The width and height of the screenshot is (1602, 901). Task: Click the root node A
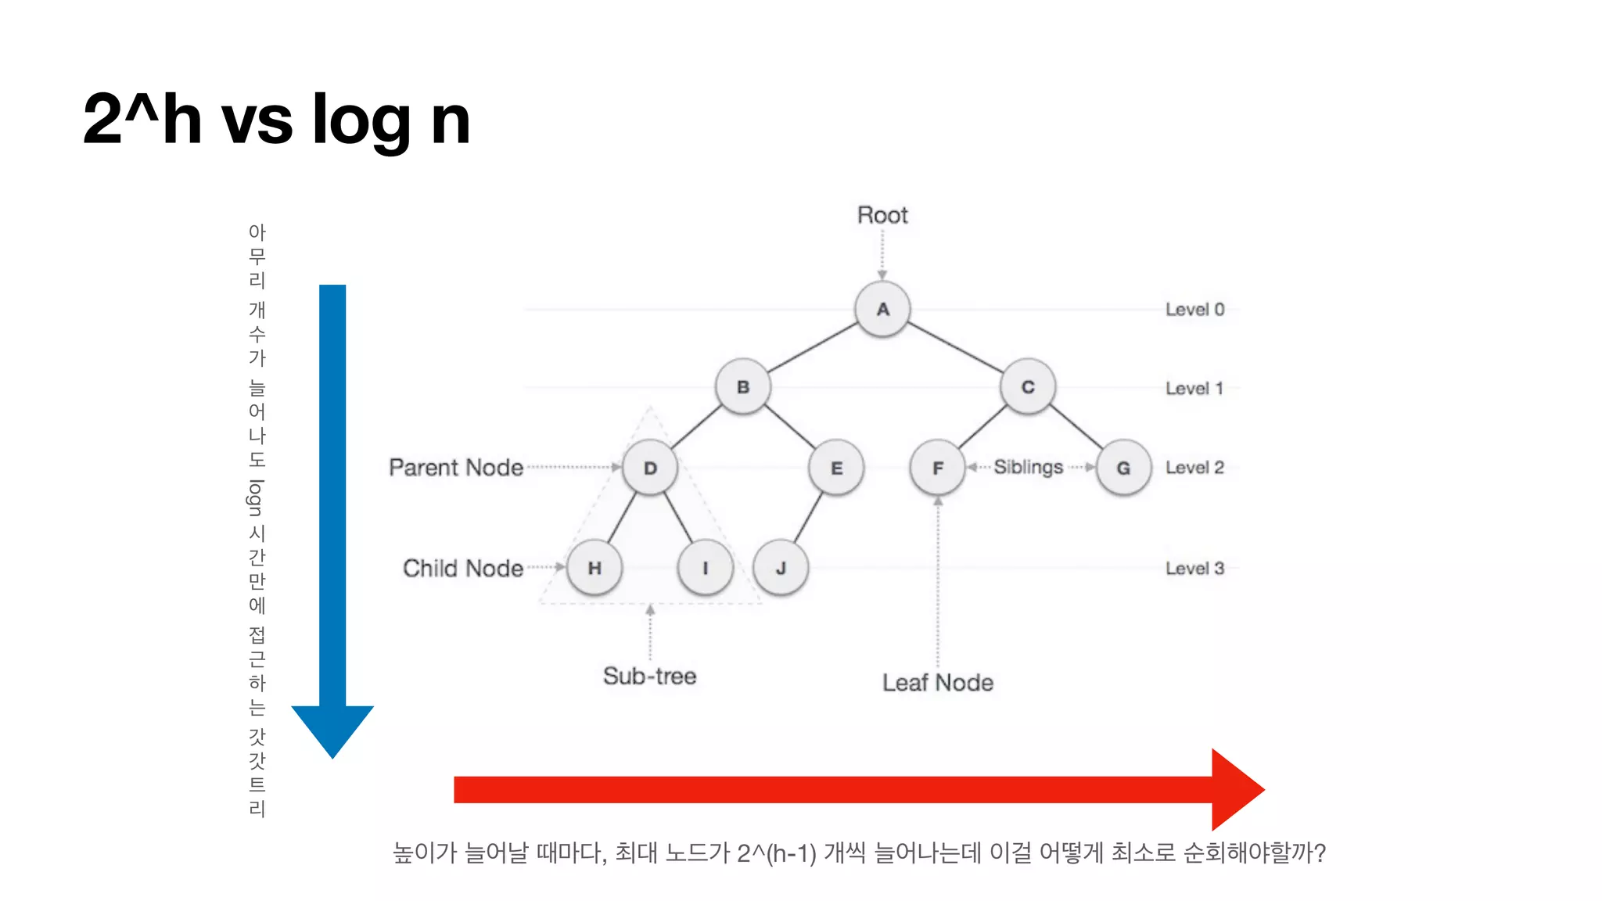(x=882, y=310)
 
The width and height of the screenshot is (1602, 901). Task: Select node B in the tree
(x=743, y=387)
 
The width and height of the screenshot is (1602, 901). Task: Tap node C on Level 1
(x=1028, y=387)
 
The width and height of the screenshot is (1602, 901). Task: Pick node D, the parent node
(x=650, y=468)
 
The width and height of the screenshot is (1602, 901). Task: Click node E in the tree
(x=836, y=468)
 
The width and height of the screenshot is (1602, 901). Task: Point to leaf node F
(x=937, y=468)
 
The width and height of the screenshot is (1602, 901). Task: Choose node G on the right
(x=1123, y=468)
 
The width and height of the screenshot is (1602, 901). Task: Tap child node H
(x=594, y=568)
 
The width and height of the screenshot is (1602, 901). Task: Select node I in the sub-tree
(x=706, y=568)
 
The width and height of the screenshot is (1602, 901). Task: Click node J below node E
(x=781, y=568)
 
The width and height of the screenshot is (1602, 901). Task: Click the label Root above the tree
(x=882, y=215)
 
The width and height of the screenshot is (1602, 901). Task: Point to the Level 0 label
(x=1194, y=310)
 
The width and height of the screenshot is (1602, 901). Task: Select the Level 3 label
(x=1194, y=569)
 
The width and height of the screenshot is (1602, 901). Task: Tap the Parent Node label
(x=456, y=468)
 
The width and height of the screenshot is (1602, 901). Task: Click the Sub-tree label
(x=649, y=676)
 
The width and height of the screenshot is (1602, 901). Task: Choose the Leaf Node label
(x=938, y=683)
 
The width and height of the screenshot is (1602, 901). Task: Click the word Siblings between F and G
(x=1028, y=467)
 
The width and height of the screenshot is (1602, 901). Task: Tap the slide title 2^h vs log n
(x=277, y=120)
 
